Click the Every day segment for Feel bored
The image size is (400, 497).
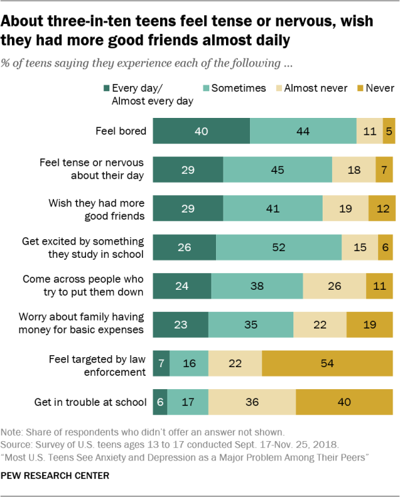click(201, 131)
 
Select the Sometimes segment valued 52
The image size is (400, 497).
click(279, 247)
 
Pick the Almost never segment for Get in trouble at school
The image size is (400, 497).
click(251, 402)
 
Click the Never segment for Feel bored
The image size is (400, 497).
click(389, 131)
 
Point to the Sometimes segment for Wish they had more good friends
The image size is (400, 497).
click(273, 209)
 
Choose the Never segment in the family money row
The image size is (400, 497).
click(371, 324)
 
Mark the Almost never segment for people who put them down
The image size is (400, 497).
click(334, 286)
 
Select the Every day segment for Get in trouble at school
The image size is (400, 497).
click(160, 402)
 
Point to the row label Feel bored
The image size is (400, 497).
click(121, 131)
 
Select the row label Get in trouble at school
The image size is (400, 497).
click(90, 402)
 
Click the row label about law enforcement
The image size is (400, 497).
click(97, 363)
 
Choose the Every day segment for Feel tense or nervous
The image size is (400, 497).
click(188, 170)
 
